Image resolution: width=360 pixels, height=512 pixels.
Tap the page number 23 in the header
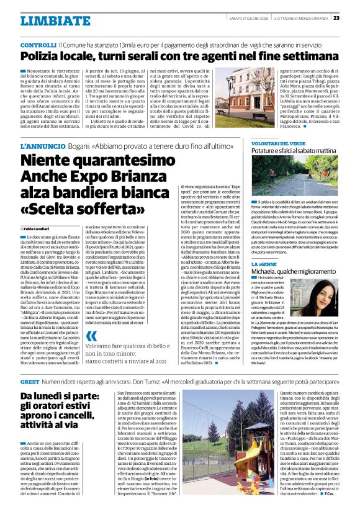(352, 17)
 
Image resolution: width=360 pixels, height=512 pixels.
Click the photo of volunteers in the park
(302, 183)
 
